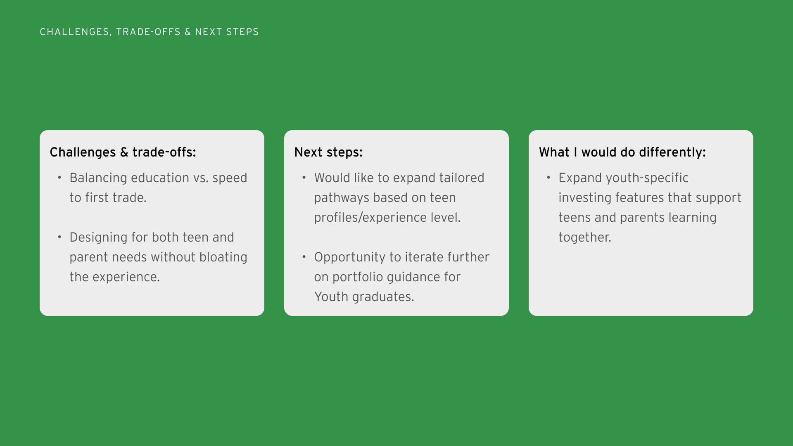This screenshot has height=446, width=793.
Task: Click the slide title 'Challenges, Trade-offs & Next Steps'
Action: click(149, 32)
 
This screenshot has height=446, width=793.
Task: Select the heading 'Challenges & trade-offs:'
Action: click(123, 152)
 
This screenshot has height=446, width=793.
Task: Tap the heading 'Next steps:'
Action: click(328, 152)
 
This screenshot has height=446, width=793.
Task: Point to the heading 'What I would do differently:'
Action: click(622, 152)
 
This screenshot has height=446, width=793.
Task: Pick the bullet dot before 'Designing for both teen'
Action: click(59, 237)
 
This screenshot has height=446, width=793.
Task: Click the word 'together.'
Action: click(585, 237)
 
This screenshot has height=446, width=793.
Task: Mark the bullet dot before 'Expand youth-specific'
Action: click(548, 178)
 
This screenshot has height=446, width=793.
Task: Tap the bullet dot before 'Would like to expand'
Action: click(304, 178)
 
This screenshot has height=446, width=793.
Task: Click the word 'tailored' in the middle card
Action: click(462, 178)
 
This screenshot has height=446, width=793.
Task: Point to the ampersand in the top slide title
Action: click(188, 32)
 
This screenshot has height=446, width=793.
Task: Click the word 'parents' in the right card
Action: click(643, 218)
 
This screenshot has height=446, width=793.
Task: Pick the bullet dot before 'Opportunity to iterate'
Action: click(304, 257)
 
